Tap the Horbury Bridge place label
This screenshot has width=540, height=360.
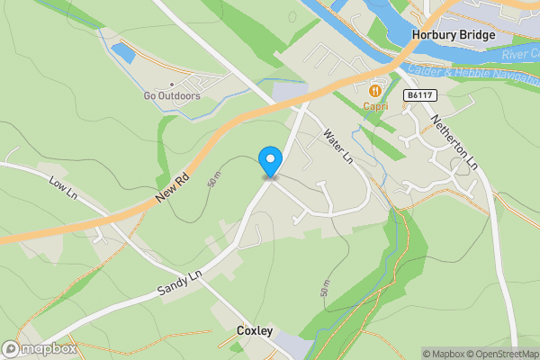454,35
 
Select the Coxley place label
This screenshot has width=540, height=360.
254,331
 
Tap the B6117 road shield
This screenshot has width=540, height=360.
417,94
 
